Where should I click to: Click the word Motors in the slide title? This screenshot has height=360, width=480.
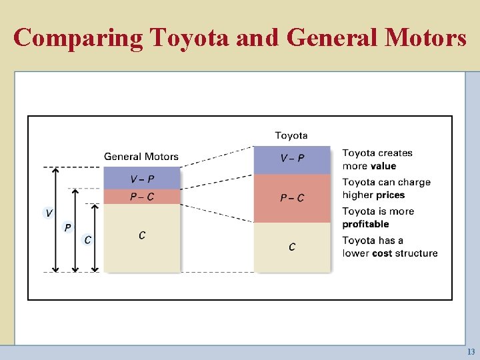point(425,37)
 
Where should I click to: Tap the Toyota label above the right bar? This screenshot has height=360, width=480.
point(291,135)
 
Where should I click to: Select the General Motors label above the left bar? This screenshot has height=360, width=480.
point(141,157)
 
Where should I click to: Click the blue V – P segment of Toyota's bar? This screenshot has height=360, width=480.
point(292,159)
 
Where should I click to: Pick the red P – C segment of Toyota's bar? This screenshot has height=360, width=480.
point(292,198)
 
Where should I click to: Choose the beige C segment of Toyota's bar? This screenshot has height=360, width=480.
point(292,247)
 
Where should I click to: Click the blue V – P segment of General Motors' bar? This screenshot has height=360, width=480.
point(142,178)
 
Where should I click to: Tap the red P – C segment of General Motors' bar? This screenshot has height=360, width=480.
point(142,197)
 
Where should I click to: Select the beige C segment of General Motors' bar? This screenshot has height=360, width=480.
point(142,237)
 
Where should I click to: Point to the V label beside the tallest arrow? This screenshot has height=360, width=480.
point(49,213)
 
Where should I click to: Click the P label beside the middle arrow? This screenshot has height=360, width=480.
point(67,227)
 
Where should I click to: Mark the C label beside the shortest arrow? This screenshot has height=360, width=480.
point(87,239)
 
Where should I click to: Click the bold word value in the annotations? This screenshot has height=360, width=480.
point(383,166)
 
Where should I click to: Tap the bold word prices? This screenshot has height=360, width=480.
point(391,195)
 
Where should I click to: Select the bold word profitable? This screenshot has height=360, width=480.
point(365,224)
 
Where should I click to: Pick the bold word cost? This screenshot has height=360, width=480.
point(382,253)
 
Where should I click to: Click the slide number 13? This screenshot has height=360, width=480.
point(471,352)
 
